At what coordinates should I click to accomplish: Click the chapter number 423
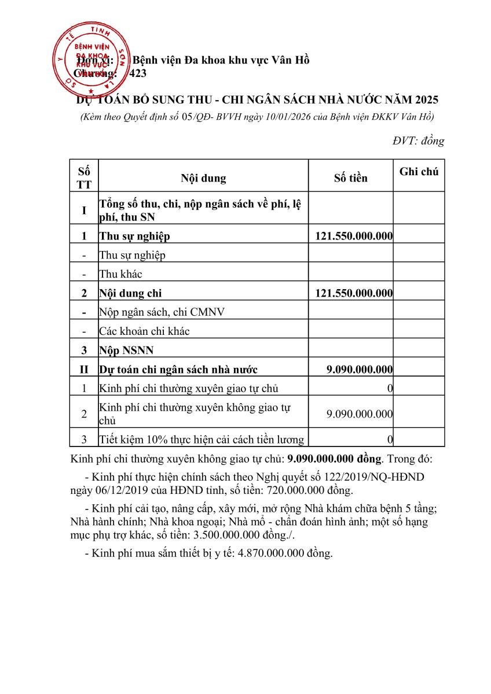click(x=138, y=73)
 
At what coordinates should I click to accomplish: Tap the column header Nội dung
click(x=203, y=178)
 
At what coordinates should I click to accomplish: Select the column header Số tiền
click(x=350, y=178)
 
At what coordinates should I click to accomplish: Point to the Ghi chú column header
click(x=419, y=171)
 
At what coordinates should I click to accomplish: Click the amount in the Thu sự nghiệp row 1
click(x=354, y=236)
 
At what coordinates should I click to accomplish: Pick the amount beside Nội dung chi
click(x=354, y=293)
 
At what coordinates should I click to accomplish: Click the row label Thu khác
click(x=120, y=274)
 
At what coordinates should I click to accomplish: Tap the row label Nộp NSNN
click(x=126, y=350)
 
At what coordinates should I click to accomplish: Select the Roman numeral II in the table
click(x=84, y=370)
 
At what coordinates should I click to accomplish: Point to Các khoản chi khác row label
click(x=144, y=331)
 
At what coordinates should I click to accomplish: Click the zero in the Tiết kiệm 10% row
click(x=390, y=440)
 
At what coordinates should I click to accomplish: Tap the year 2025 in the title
click(x=427, y=100)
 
